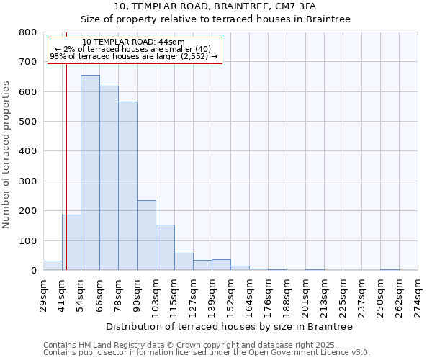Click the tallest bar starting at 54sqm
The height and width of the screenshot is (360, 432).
coord(90,173)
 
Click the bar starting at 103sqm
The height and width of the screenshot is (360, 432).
coord(165,248)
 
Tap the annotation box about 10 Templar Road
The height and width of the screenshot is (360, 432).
coord(135,50)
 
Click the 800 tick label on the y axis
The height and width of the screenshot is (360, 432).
coord(28,32)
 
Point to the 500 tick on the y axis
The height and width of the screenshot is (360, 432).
coord(28,122)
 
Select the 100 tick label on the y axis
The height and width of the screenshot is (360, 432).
coord(28,240)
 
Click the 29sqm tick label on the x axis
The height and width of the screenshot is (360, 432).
coord(43,294)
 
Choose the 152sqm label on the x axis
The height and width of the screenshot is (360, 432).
coord(230,296)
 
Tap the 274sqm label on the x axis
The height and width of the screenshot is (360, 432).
coord(418,296)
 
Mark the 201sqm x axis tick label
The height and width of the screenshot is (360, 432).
coord(305,296)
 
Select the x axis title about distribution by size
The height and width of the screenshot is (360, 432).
coord(229,326)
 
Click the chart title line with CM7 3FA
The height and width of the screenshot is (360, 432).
coord(215,6)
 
